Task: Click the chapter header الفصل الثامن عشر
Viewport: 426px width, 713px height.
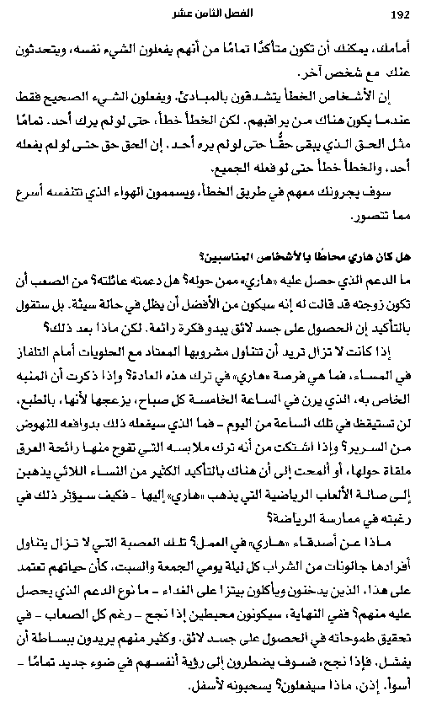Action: [216, 15]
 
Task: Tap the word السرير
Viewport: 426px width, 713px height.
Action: [382, 464]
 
